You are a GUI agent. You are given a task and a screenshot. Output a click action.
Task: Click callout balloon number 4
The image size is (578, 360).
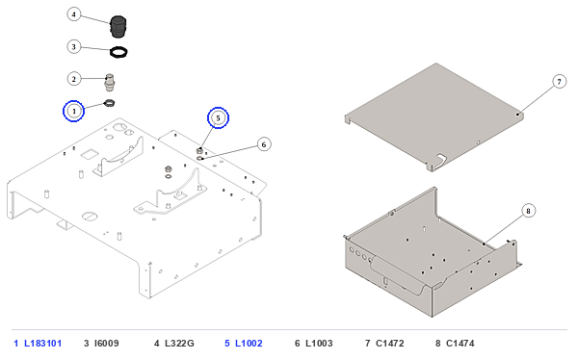[x=74, y=14]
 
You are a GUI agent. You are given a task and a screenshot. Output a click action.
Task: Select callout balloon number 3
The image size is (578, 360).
[x=74, y=47]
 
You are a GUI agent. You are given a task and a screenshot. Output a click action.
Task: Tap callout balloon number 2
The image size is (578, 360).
[x=74, y=79]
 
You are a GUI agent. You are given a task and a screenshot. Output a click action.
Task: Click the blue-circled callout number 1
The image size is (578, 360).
[x=74, y=111]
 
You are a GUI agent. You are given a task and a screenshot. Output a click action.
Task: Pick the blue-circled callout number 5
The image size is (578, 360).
[x=219, y=117]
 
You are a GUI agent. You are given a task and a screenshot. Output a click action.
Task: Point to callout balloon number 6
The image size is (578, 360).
[x=264, y=144]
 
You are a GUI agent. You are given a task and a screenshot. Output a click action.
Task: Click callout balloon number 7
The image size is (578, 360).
[x=559, y=82]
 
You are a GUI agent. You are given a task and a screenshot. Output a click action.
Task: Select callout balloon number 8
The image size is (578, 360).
[x=528, y=211]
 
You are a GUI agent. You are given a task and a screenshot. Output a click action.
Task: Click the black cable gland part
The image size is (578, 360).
[x=118, y=27]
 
